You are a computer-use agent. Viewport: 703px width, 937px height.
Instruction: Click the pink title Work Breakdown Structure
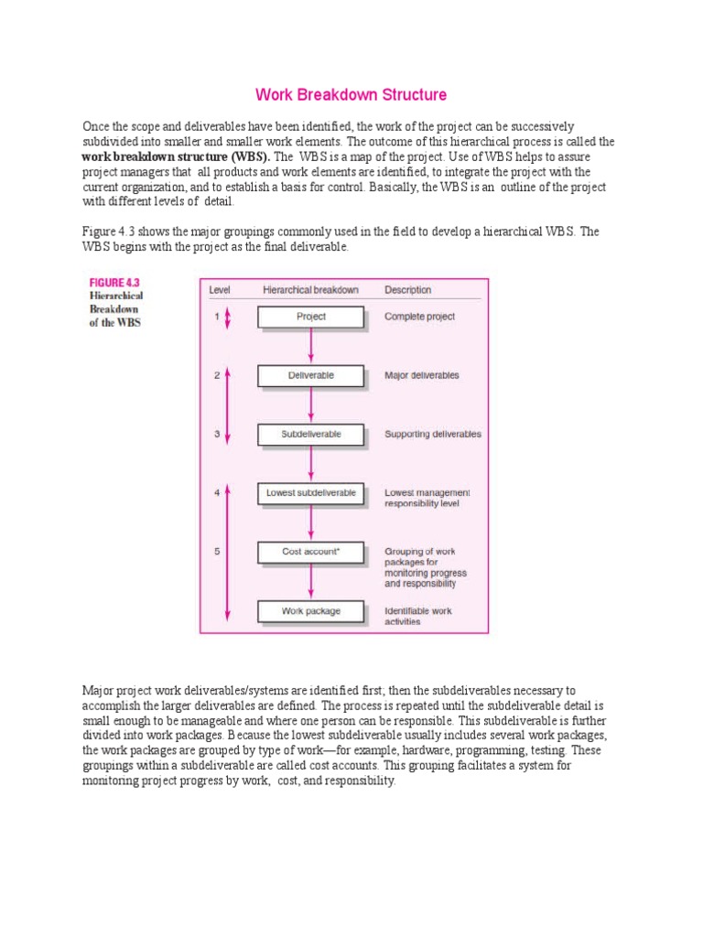click(351, 94)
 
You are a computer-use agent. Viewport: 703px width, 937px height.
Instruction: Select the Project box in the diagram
click(311, 317)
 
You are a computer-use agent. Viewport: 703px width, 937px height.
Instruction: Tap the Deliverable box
click(311, 375)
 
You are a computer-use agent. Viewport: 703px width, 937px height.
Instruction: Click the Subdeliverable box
click(311, 434)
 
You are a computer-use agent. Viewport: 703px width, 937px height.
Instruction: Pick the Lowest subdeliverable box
click(311, 492)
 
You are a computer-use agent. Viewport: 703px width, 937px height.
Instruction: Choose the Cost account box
click(311, 552)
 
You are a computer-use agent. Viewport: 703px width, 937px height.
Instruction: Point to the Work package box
click(311, 610)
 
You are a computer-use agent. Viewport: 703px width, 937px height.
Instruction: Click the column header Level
click(220, 290)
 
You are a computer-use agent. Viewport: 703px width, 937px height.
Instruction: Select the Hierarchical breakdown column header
click(310, 290)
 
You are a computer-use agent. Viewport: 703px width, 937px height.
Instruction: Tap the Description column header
click(408, 290)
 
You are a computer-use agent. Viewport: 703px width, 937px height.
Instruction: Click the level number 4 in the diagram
click(217, 492)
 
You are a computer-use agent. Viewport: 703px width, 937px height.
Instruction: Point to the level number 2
click(217, 375)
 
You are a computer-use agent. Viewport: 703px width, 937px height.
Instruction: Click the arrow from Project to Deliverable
click(311, 346)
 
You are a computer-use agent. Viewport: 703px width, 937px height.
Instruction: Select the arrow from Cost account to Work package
click(311, 581)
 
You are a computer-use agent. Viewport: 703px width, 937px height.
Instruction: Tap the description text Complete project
click(419, 317)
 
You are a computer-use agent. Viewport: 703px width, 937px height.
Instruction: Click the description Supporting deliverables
click(433, 434)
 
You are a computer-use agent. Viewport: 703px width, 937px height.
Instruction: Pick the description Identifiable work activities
click(417, 616)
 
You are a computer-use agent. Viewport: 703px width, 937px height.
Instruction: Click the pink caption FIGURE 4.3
click(114, 283)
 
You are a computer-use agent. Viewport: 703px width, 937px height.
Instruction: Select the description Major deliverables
click(422, 375)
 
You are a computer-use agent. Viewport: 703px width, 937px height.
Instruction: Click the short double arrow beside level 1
click(228, 318)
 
